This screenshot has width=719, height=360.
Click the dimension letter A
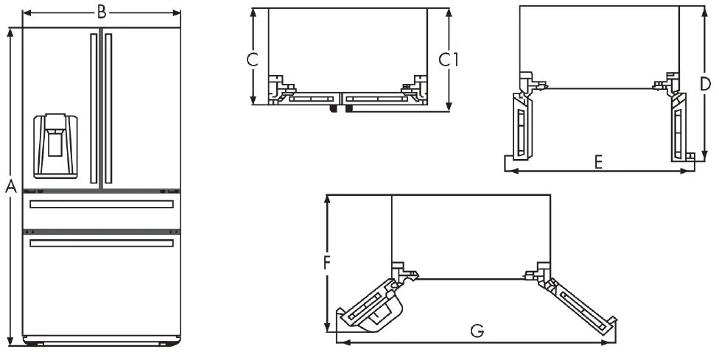pos(10,187)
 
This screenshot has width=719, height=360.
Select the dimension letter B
pos(102,11)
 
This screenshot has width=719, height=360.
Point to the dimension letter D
pos(705,83)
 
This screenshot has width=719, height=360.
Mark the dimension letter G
pos(477,331)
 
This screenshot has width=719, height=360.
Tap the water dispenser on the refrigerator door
pos(56,145)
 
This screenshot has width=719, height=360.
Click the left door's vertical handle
pos(94,107)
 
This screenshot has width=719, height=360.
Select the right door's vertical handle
pos(108,107)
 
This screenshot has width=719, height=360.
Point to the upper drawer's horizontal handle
pos(102,204)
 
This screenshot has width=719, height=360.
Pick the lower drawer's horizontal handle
pos(102,242)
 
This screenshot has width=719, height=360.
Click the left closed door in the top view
pos(309,96)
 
